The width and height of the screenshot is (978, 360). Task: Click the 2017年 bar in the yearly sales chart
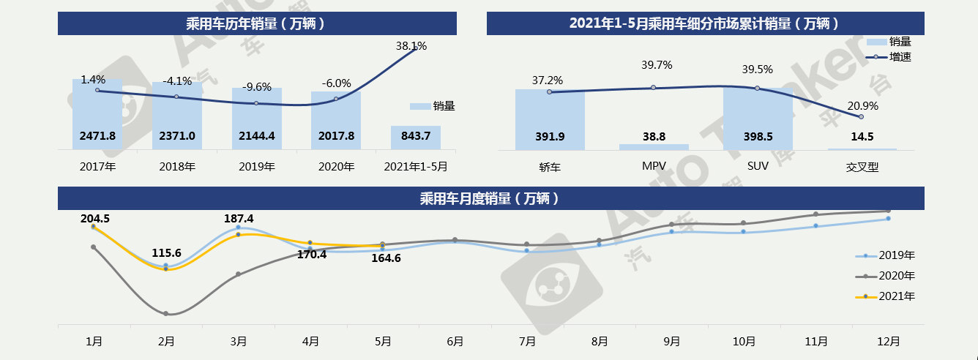point(97,113)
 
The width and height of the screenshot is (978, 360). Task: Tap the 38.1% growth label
point(411,45)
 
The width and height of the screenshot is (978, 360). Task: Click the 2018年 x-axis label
point(177,166)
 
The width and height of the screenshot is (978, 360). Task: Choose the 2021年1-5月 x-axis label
point(415,166)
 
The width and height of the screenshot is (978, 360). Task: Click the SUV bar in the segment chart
point(757,117)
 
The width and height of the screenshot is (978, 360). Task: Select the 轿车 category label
point(549,166)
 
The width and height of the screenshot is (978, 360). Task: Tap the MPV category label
point(654,166)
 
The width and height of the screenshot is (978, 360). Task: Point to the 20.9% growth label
point(862,105)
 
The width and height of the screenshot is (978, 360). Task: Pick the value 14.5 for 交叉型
point(862,136)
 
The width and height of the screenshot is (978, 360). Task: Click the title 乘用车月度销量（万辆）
point(489,198)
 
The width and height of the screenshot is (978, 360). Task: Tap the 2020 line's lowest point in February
point(166,314)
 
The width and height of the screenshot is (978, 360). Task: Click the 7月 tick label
point(526,341)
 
